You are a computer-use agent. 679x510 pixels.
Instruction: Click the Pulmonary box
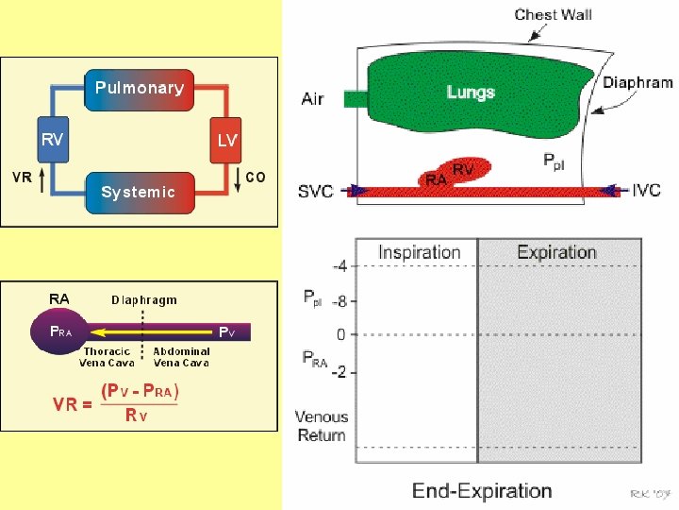coord(139,88)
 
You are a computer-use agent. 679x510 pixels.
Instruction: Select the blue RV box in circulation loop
coord(52,140)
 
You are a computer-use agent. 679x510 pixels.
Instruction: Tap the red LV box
coord(227,140)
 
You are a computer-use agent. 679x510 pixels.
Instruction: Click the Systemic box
coord(139,192)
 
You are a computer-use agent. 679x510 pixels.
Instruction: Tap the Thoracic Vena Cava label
coord(108,357)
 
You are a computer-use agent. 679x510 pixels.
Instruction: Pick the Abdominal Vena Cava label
coord(181,357)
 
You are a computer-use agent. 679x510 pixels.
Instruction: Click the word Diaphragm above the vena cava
coord(144,300)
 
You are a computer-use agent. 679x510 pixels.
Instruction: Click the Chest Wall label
coord(554,15)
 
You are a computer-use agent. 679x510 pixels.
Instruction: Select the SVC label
coord(316,192)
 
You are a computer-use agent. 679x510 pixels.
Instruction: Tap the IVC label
coord(646,191)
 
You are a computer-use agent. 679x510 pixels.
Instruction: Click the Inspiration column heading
coord(419,252)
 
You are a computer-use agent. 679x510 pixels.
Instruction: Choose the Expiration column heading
coord(556,252)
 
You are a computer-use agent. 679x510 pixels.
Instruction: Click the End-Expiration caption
coord(482,490)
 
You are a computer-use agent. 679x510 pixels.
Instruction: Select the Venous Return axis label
coord(322,426)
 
